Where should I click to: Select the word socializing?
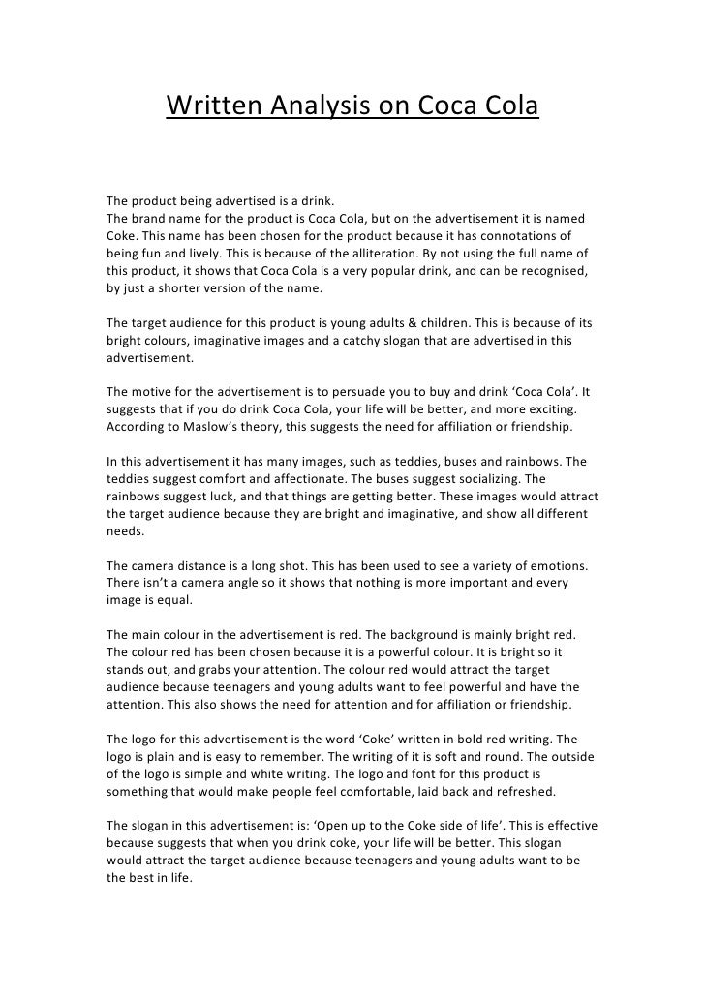point(499,479)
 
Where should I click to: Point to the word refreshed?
point(524,793)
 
